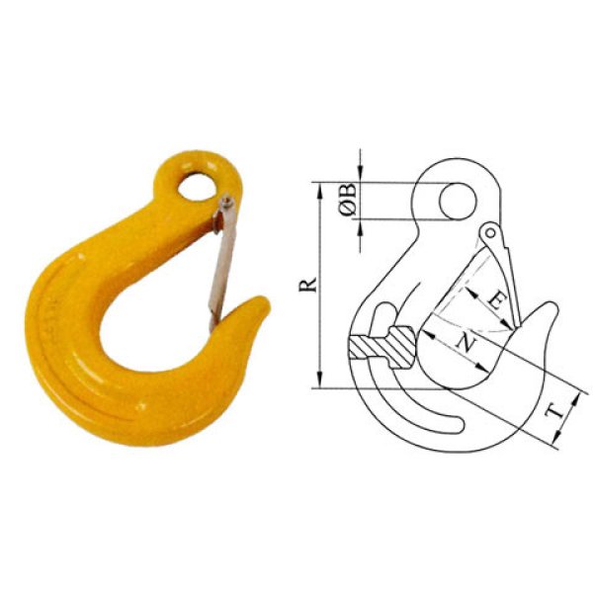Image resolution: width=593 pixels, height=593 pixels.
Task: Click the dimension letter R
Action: pyautogui.click(x=308, y=285)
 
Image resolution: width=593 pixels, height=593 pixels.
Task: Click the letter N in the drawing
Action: pyautogui.click(x=466, y=343)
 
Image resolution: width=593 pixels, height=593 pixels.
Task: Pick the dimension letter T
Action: pyautogui.click(x=558, y=407)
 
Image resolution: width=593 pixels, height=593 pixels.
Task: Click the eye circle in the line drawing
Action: pyautogui.click(x=455, y=202)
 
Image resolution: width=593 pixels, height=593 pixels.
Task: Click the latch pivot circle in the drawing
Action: pyautogui.click(x=487, y=234)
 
